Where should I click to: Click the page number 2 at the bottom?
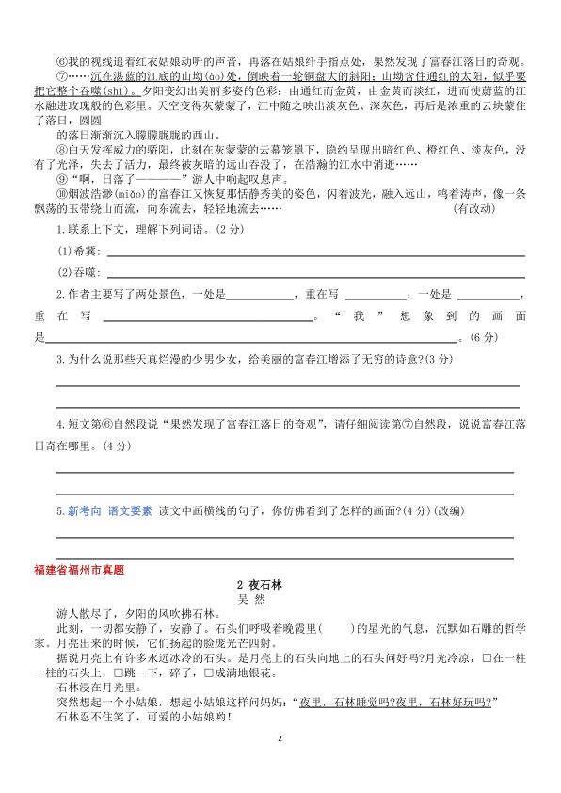tap(280, 768)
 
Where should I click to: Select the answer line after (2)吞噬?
tap(315, 274)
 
